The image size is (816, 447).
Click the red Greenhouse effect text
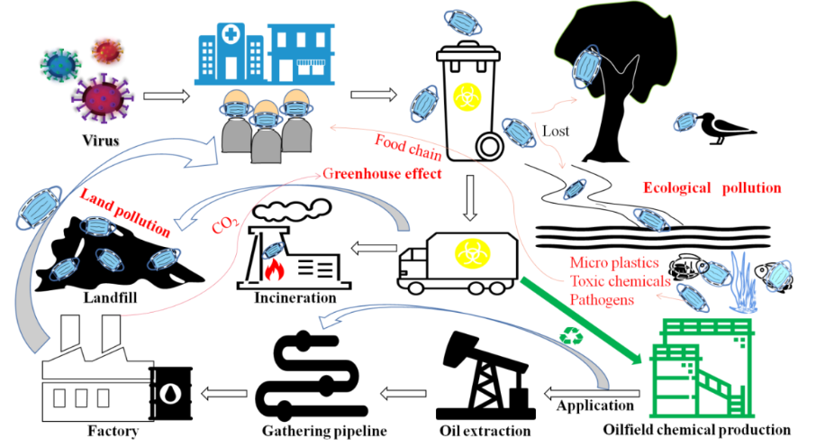(382, 173)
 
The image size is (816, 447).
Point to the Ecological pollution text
(712, 188)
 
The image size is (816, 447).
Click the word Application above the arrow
(595, 406)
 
